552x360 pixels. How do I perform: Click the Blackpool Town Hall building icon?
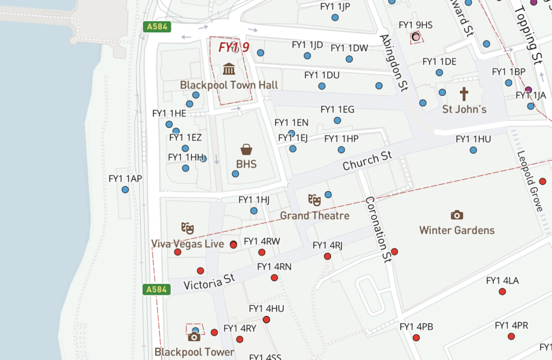point(229,69)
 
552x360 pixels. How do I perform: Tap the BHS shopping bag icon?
point(246,149)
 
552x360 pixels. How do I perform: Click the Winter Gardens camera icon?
point(457,215)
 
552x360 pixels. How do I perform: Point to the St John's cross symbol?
point(464,94)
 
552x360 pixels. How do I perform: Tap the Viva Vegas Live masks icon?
point(187,228)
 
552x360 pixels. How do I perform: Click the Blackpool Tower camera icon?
point(194,337)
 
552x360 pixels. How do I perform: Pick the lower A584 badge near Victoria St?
point(156,290)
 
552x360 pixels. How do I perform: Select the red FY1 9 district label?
point(233,47)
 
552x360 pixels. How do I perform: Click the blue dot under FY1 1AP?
point(125,190)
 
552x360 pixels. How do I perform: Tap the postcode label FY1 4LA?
point(502,281)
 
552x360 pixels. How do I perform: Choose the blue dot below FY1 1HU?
point(473,150)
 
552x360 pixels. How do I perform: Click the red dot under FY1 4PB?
point(416,338)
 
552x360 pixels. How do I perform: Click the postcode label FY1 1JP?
point(335,6)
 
